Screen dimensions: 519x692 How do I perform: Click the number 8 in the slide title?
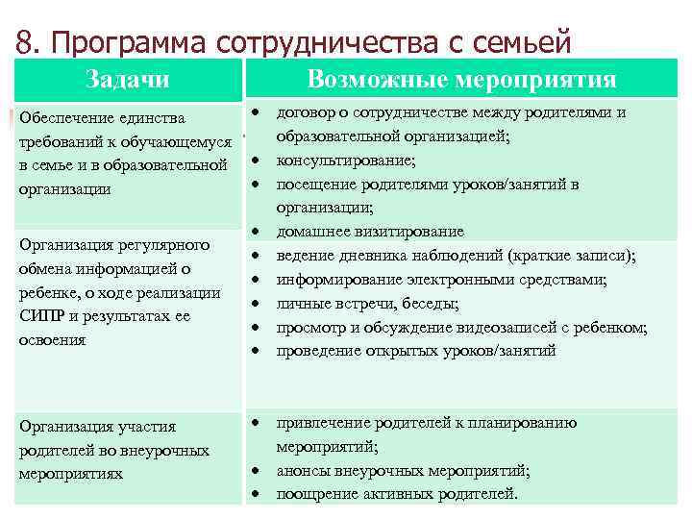(26, 41)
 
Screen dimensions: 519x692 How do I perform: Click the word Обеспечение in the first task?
(62, 119)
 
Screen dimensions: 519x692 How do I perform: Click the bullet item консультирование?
(345, 160)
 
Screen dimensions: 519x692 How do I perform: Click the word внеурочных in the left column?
(162, 450)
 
